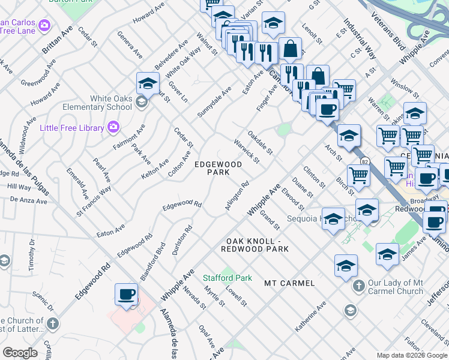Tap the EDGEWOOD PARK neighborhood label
coord(218,168)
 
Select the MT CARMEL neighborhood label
coord(289,283)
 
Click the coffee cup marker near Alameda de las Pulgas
coord(126,295)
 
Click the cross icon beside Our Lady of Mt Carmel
coord(358,286)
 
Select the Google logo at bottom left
coord(20,352)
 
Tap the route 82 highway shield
coord(364,161)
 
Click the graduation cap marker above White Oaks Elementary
coord(147,84)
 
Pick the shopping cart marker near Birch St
coord(358,175)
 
